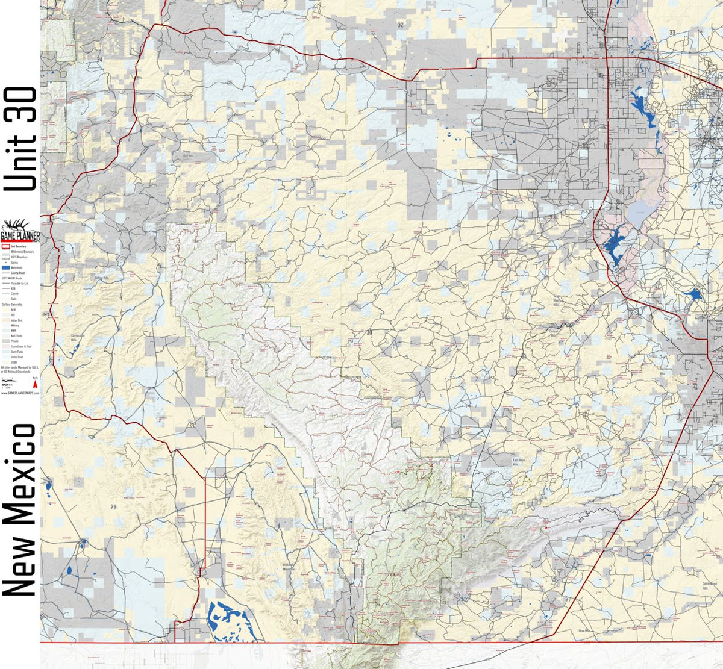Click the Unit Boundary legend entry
[x=14, y=246]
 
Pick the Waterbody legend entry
[x=14, y=267]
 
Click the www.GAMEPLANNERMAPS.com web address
[x=20, y=391]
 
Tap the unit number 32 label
[x=400, y=25]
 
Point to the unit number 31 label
[x=662, y=190]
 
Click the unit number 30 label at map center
[x=369, y=332]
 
